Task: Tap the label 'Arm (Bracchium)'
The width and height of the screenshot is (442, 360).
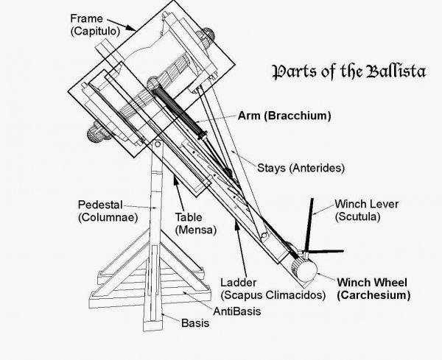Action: click(284, 116)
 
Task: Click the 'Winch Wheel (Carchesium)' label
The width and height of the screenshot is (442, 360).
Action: click(373, 288)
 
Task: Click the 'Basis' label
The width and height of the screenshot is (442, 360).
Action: click(194, 322)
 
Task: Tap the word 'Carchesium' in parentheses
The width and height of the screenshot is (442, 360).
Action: click(373, 294)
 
